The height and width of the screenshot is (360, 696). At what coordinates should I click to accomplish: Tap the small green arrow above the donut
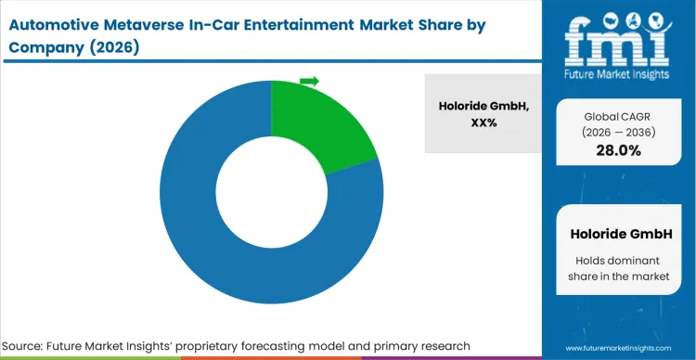(309, 82)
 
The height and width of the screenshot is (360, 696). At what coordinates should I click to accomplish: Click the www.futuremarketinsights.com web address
(619, 346)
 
